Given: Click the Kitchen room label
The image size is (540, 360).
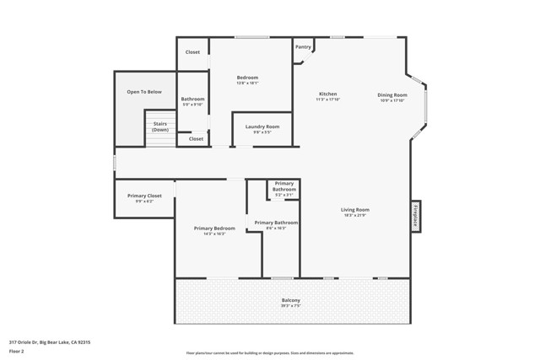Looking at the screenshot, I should (327, 94).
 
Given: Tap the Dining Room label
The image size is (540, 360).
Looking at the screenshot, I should (391, 95).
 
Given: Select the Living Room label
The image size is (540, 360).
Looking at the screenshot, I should (354, 210).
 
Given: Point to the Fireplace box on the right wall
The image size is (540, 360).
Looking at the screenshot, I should (415, 216).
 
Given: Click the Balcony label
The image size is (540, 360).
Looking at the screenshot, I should (290, 301).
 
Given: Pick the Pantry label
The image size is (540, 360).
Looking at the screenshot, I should (303, 47).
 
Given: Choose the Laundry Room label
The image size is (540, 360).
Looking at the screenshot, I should (262, 127).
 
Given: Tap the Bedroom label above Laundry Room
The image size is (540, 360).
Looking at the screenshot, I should (247, 78).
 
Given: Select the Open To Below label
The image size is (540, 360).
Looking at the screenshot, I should (144, 92).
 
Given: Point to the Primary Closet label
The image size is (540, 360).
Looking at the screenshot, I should (144, 196).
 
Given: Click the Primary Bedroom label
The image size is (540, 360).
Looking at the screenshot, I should (214, 228).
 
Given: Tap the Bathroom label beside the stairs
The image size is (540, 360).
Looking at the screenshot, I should (192, 99).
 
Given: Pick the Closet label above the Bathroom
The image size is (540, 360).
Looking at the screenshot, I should (192, 52).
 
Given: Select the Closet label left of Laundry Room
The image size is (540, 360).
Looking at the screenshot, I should (196, 139).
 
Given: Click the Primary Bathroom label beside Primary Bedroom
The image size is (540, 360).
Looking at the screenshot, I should (276, 223).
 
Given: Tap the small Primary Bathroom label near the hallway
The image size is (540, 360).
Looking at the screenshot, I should (284, 186).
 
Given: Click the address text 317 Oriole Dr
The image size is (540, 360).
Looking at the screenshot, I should (50, 342).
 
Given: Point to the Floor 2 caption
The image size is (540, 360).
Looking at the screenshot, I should (17, 351).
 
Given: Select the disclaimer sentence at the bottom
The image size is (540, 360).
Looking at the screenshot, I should (270, 353).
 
